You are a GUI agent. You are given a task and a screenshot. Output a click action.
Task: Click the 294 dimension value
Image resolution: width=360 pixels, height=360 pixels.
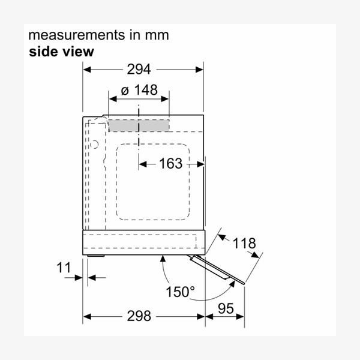[139, 69]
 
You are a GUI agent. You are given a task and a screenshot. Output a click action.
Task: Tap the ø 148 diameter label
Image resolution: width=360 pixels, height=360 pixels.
[139, 90]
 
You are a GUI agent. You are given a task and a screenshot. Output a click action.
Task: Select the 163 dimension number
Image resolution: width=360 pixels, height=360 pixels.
[171, 163]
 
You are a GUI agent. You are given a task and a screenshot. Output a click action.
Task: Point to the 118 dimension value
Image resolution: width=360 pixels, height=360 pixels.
[244, 243]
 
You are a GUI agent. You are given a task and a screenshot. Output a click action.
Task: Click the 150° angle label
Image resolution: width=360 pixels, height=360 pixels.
[181, 292]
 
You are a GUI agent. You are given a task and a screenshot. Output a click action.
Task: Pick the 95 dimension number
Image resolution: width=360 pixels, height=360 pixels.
[226, 308]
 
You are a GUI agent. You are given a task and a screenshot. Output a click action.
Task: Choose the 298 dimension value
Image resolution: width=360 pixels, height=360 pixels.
[139, 316]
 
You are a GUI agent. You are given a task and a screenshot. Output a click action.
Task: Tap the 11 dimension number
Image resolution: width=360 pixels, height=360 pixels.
[64, 268]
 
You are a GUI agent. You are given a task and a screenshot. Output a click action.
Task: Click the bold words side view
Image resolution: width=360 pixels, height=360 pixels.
[62, 52]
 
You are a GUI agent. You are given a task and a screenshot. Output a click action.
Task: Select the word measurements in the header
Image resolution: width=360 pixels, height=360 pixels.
[76, 35]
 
